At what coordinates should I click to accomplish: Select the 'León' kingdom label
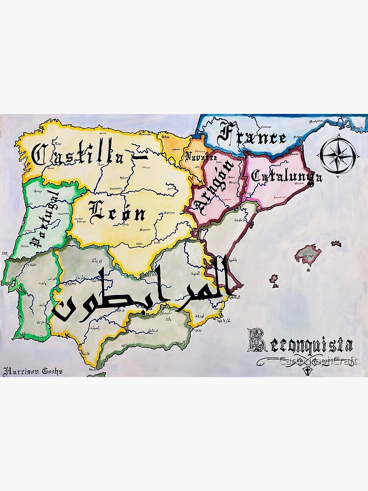coord(118,212)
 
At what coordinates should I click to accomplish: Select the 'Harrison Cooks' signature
coord(33,371)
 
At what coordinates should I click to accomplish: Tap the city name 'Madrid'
coord(146,229)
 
